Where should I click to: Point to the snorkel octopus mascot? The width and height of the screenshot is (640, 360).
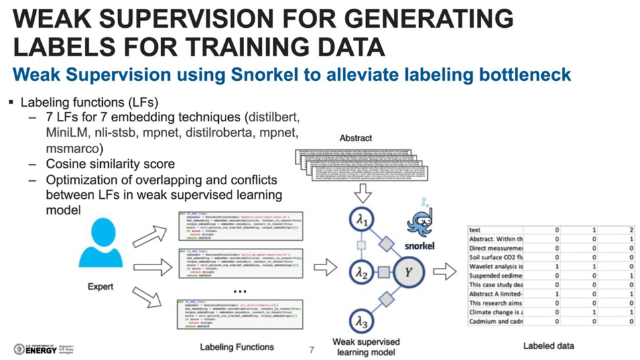coord(420,219)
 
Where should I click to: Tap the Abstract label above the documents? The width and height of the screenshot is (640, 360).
coord(355,139)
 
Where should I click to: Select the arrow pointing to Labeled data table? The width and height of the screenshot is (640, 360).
coord(444,270)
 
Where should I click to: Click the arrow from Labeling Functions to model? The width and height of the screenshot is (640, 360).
coord(324,268)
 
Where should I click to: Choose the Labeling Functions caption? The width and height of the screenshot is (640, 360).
coord(237,346)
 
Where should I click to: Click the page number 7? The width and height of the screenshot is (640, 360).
coord(312,349)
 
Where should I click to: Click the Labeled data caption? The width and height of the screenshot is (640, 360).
coord(548,345)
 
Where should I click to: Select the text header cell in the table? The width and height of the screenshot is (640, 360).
coord(475,229)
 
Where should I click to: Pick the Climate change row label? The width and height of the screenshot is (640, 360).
coord(495,312)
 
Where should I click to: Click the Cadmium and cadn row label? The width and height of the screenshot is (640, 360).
coord(495,321)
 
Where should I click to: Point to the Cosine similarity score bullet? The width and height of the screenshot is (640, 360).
coord(110,164)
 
